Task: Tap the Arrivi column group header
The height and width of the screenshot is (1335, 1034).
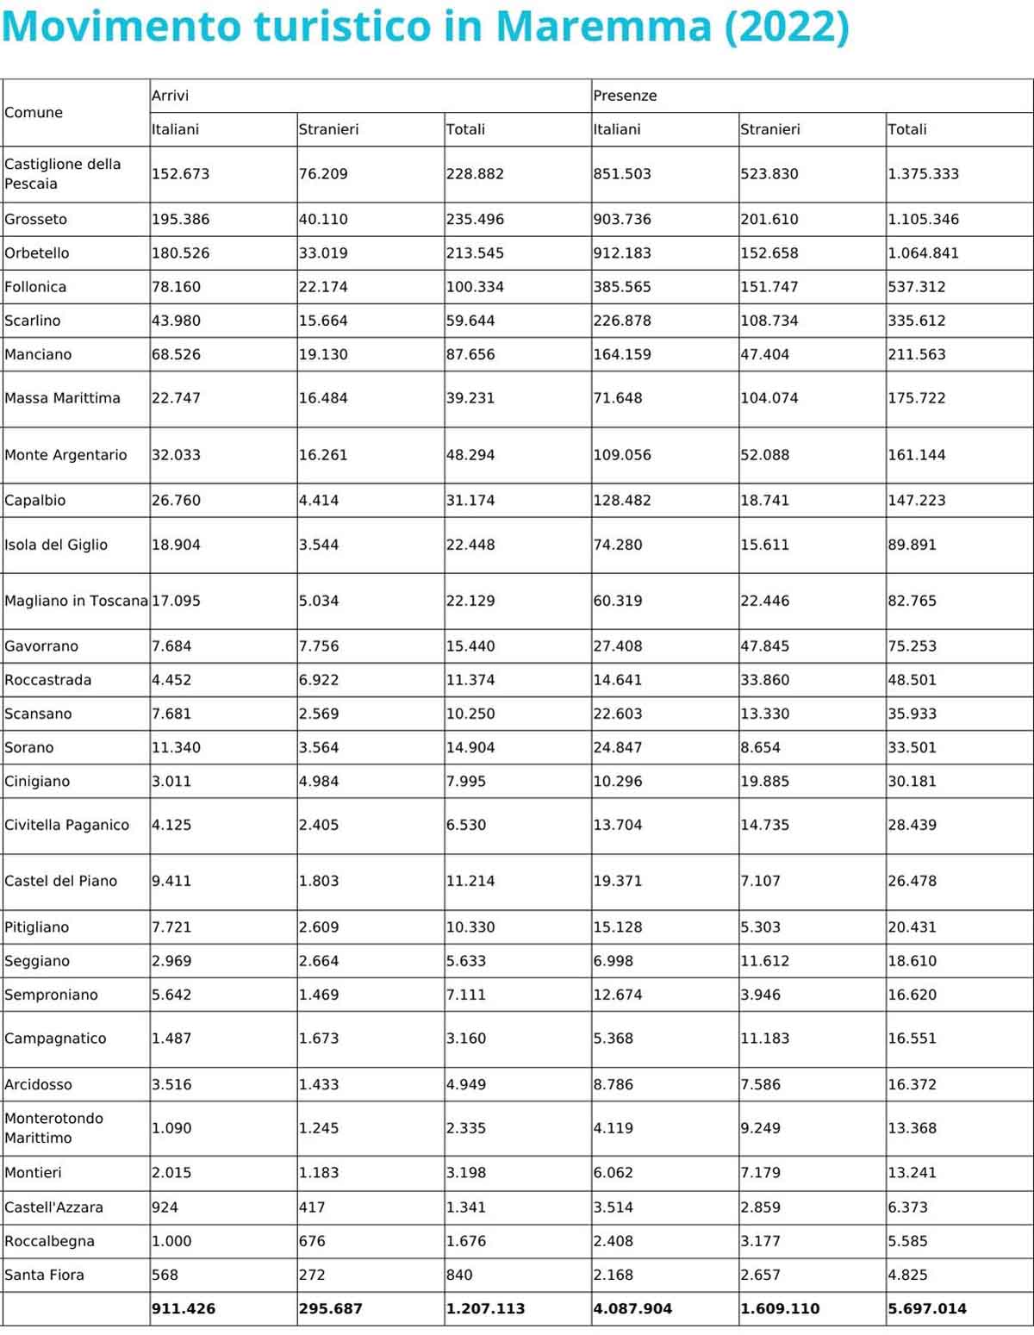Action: [x=170, y=96]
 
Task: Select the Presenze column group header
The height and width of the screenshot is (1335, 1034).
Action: [x=625, y=96]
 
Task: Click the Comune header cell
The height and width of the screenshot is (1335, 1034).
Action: [x=34, y=112]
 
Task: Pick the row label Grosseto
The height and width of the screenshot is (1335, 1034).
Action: [x=35, y=219]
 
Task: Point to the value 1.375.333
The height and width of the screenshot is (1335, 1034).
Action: [x=923, y=173]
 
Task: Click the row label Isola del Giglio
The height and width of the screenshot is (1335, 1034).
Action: [x=56, y=545]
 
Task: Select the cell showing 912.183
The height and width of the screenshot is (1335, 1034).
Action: [x=622, y=253]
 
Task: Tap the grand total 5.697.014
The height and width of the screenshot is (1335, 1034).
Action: [x=927, y=1308]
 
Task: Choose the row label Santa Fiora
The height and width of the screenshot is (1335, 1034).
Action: [x=44, y=1275]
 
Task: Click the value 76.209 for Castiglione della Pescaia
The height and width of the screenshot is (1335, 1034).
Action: [x=323, y=173]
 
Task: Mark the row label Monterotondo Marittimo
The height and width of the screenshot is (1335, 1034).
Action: [x=53, y=1127]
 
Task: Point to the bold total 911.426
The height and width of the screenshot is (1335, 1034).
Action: [x=184, y=1308]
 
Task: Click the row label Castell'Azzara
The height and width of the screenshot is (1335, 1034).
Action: [x=53, y=1207]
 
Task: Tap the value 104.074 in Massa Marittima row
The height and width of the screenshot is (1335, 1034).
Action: [x=769, y=398]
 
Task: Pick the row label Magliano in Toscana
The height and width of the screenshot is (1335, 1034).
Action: [x=76, y=601]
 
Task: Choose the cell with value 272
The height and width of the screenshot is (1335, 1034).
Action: [x=312, y=1275]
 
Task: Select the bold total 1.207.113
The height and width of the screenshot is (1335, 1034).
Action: [x=485, y=1308]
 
